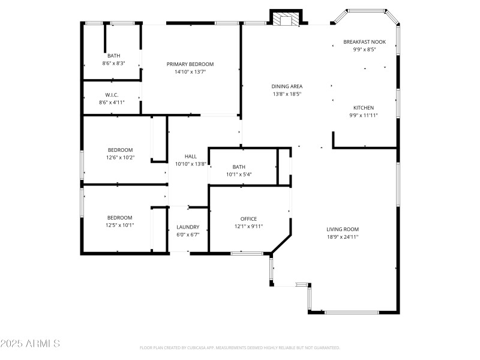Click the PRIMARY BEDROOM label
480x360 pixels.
(x=190, y=64)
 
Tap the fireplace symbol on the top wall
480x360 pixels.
(x=286, y=20)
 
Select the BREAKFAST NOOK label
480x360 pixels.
(x=364, y=42)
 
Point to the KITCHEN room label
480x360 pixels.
(x=363, y=108)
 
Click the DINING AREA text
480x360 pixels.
(x=287, y=86)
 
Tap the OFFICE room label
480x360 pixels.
(x=248, y=219)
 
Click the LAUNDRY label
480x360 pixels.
(x=188, y=227)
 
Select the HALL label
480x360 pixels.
(x=190, y=156)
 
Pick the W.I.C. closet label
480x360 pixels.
(x=112, y=95)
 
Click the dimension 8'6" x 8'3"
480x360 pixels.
(x=113, y=63)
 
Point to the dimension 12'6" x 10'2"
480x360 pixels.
(x=120, y=158)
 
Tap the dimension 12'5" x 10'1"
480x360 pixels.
(x=120, y=226)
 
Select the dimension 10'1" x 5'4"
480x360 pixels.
(x=239, y=175)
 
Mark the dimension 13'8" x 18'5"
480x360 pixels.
(x=287, y=94)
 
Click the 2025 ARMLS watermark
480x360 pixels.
(x=30, y=344)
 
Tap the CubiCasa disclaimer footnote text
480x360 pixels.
(x=240, y=347)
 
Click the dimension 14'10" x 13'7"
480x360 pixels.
(x=190, y=71)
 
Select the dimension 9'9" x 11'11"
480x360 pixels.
(x=363, y=115)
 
